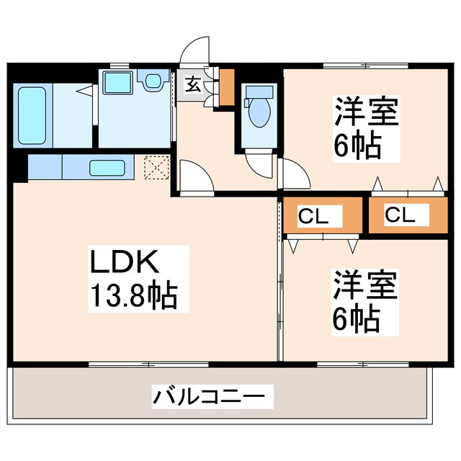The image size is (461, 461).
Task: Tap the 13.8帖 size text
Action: [x=133, y=296]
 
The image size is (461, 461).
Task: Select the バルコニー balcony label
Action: [x=214, y=395]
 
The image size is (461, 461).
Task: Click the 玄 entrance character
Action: [x=193, y=84]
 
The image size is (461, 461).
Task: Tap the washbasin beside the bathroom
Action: [x=116, y=82]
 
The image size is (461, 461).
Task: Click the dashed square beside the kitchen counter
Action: [x=155, y=168]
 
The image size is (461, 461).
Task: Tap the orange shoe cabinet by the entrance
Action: [x=227, y=86]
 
